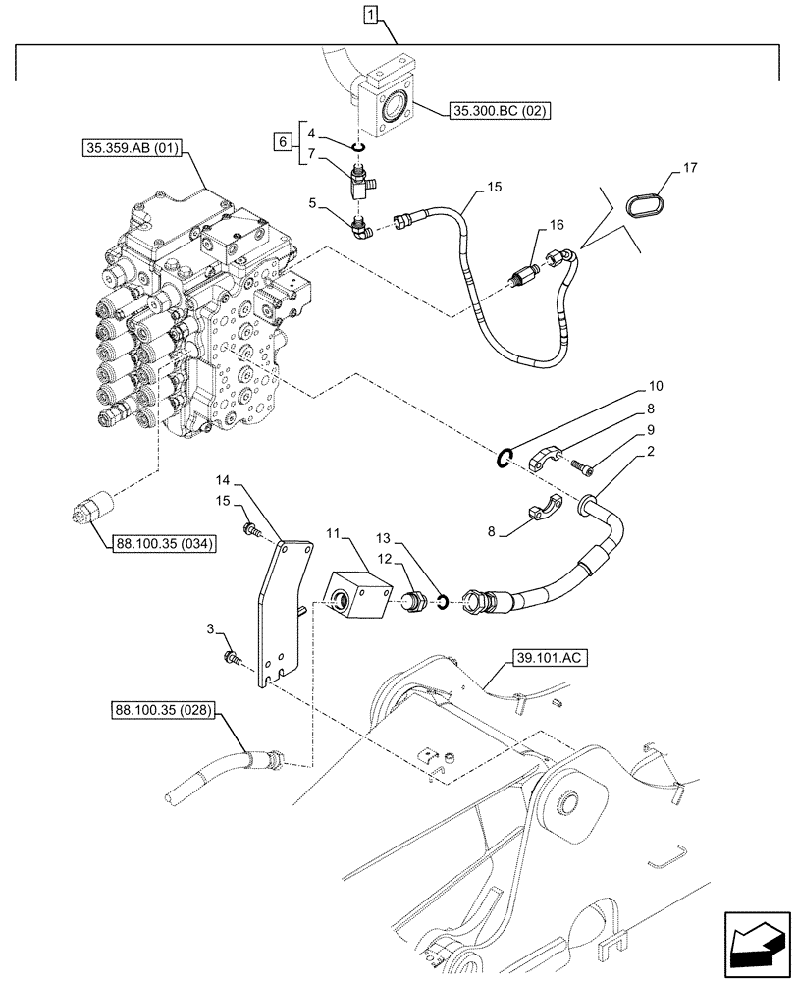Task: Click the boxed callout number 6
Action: [x=284, y=143]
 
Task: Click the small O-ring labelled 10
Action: [x=505, y=456]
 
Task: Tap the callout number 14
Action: [x=224, y=481]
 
